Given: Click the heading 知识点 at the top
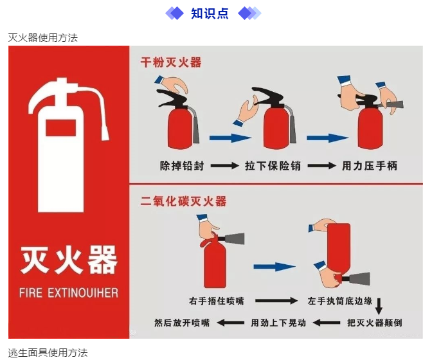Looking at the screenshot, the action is coord(210,14).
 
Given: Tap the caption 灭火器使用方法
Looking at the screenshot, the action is coord(43,38).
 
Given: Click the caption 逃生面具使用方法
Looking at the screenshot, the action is coord(48,352).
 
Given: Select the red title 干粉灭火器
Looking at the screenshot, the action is coord(171,62).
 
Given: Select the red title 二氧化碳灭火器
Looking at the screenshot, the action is coord(183,201).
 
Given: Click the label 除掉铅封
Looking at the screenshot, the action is coord(182,166).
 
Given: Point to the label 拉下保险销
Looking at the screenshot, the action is coord(273,166).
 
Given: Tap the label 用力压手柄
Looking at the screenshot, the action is coord(370,166).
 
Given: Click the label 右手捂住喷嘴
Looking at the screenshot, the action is coord(217,301).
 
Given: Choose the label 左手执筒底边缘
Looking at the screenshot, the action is coord(340,301).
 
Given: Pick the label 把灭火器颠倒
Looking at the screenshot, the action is coord(374,323).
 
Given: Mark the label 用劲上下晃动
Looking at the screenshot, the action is coord(278,323).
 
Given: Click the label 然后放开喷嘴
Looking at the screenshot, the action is coord(182,323).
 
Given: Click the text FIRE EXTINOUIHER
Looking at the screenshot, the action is coord(69,292).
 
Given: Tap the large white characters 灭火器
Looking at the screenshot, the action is coord(69,260).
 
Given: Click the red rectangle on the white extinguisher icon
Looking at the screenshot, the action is coord(60,128).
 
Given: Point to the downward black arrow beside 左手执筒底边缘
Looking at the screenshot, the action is coord(379,306).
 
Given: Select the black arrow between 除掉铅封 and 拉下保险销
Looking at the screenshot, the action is coord(224,166).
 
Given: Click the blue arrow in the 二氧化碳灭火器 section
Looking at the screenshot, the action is coord(274,267).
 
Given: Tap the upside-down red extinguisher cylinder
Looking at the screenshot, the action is coord(339,249).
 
